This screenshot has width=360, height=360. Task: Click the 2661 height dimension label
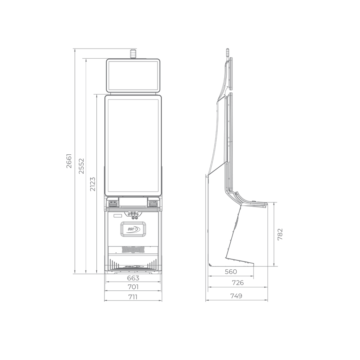[69, 161]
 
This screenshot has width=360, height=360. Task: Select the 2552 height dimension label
[81, 166]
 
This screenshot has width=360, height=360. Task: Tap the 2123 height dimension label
[92, 184]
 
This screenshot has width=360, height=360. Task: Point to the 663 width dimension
[133, 278]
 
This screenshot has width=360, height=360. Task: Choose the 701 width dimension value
[133, 287]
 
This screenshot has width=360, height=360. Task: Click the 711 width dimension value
[133, 297]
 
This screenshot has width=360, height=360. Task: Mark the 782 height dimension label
[280, 234]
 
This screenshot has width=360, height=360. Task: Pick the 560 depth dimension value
[231, 272]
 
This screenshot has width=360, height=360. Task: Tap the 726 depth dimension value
[238, 283]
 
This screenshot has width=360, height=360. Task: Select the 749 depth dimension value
[236, 296]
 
